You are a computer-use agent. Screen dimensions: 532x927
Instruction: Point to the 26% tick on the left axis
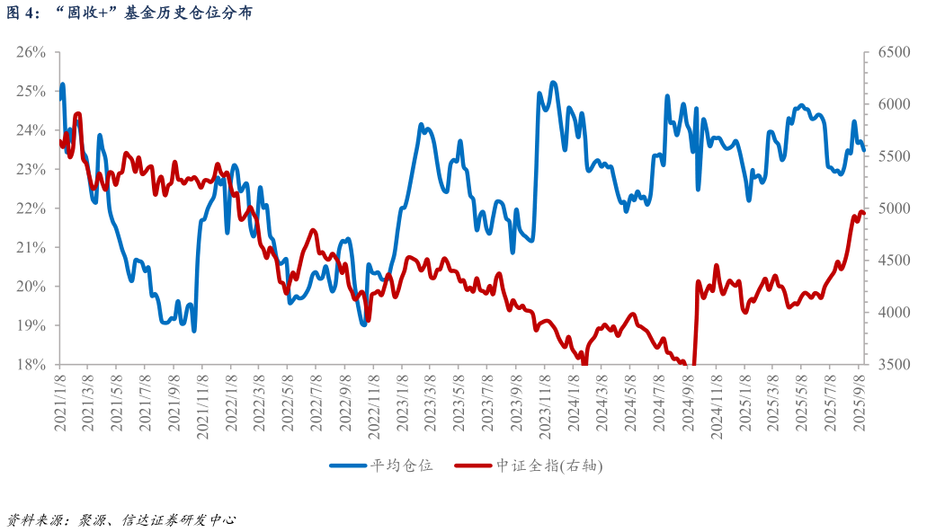(31, 52)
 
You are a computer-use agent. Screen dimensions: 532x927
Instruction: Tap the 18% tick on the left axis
(31, 364)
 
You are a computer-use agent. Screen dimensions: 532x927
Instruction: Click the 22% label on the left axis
(31, 208)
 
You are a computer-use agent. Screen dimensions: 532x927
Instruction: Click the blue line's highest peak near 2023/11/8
(553, 83)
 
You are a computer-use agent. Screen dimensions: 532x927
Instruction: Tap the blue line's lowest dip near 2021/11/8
(194, 331)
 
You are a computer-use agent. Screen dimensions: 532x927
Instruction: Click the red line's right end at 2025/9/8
(863, 214)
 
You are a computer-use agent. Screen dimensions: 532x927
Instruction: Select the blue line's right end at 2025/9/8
(864, 149)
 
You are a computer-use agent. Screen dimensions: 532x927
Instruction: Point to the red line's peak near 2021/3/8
(78, 114)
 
